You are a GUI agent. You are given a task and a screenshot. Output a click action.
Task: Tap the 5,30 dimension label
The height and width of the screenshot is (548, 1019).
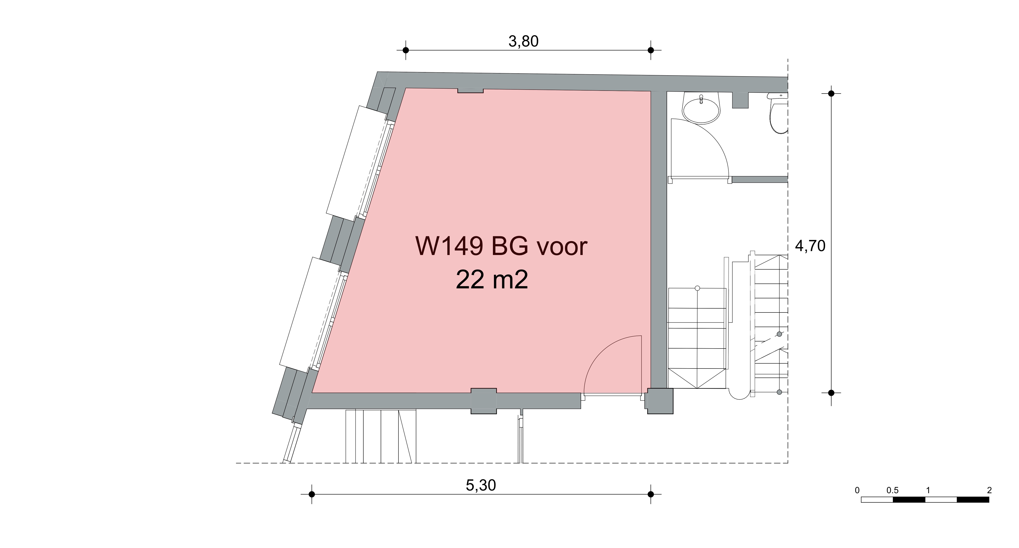(481, 485)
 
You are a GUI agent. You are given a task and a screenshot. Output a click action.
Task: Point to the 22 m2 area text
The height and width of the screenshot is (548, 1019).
(492, 280)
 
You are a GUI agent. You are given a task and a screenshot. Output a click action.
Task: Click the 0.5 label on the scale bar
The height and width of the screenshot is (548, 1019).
(892, 491)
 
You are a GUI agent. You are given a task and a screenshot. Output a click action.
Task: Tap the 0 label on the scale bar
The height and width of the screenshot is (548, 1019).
(857, 491)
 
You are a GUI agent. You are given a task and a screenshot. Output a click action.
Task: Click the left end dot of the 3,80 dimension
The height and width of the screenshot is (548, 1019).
(406, 50)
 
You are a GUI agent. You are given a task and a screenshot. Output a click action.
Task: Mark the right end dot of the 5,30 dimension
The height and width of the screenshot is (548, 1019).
(651, 494)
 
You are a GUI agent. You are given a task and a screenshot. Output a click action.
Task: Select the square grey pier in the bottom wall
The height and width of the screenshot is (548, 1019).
(483, 401)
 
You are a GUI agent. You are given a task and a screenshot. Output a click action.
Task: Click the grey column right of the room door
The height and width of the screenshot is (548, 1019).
(660, 401)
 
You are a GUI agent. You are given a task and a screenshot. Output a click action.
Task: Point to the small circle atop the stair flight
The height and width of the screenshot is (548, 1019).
(698, 288)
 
